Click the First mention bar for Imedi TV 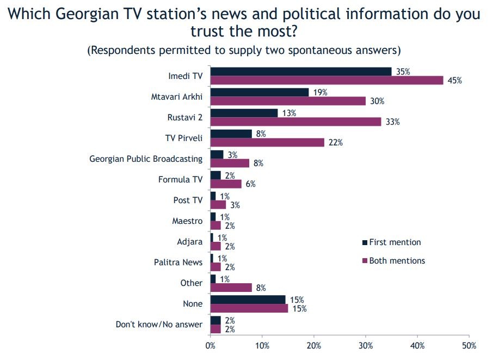(x=300, y=71)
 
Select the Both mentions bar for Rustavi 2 (x=295, y=121)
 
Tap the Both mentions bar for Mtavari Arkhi (x=288, y=101)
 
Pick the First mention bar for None (x=248, y=300)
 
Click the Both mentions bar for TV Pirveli (x=267, y=142)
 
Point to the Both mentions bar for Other (x=231, y=287)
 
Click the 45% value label (x=455, y=81)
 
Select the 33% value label (x=393, y=122)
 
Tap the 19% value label (x=321, y=93)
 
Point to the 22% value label (x=336, y=143)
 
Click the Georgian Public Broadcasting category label (x=146, y=159)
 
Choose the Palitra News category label (x=178, y=263)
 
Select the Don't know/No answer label (x=159, y=325)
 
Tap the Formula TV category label (x=180, y=180)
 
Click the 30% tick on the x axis (x=366, y=346)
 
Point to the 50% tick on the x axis (x=469, y=346)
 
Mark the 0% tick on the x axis (x=211, y=346)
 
